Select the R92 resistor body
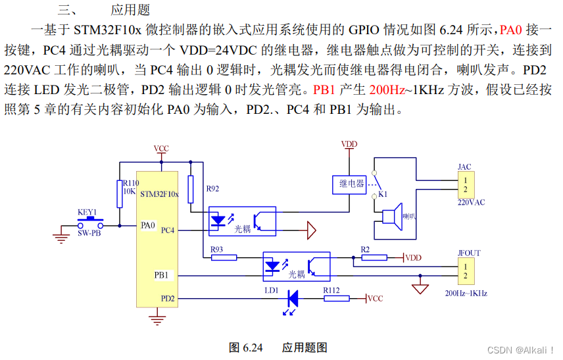click(191, 189)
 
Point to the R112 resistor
click(336, 298)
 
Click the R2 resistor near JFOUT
click(373, 257)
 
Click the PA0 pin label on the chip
click(147, 224)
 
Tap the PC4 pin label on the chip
click(167, 230)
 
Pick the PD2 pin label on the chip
click(168, 298)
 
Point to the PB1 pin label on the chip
click(161, 275)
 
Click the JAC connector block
click(464, 184)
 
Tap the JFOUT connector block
click(464, 270)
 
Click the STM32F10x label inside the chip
click(159, 194)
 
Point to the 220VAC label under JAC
click(471, 203)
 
